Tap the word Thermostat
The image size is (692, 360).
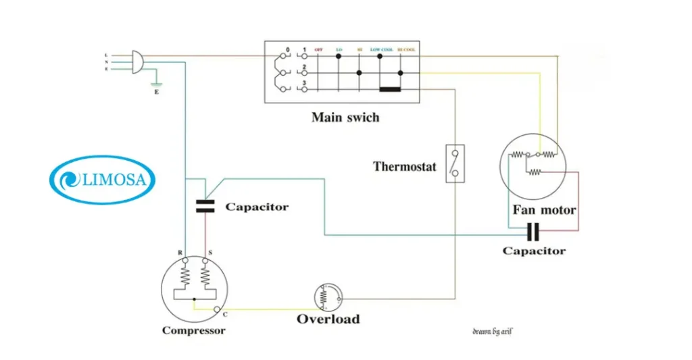405,166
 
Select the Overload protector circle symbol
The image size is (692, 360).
328,296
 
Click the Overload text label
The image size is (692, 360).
328,319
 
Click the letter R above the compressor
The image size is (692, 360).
180,253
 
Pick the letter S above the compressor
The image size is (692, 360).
210,253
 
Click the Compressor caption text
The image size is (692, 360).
193,330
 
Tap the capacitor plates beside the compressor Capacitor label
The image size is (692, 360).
204,205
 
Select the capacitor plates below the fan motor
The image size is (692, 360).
533,232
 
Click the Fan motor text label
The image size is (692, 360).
544,210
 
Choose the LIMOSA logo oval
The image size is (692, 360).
103,180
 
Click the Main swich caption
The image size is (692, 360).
345,118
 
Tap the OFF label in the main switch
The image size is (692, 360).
318,50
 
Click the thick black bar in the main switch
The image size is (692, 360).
391,88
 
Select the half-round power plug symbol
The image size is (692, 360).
135,61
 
